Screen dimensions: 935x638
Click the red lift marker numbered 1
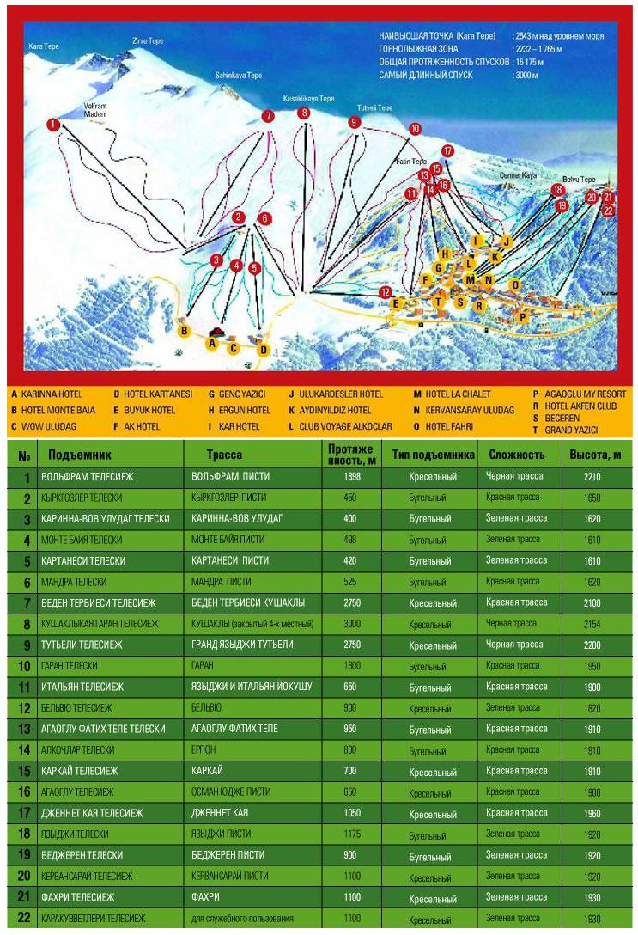54,124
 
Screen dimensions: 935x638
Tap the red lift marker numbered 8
304,113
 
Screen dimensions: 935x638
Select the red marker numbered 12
386,293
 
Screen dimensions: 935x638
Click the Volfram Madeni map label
94,108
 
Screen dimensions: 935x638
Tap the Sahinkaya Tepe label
238,76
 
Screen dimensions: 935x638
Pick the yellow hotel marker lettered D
264,349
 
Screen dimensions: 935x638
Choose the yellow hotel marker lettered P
522,317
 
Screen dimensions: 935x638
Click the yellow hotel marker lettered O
515,284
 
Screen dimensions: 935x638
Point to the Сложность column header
517,454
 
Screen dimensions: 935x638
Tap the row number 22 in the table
25,918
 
